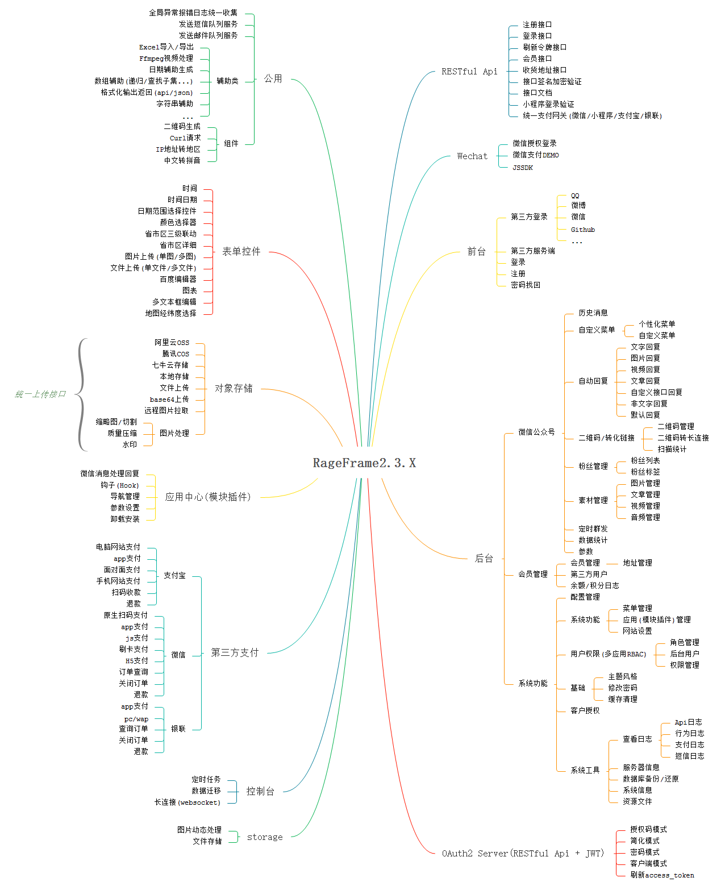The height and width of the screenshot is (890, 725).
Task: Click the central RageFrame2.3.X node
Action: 364,463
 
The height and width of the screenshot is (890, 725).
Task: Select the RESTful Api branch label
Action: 469,72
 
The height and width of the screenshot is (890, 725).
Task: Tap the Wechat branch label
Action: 472,156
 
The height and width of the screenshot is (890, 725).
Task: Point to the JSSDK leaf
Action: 523,168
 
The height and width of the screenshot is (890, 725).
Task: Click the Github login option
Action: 583,230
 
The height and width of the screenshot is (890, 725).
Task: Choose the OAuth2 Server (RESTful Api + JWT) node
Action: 523,853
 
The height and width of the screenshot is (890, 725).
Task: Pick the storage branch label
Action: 265,837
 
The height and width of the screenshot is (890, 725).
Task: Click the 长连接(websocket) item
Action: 188,802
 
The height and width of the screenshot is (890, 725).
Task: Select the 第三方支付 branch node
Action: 235,652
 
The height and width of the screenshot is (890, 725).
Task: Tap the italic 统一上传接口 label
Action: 40,394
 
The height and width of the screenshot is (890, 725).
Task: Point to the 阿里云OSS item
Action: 172,343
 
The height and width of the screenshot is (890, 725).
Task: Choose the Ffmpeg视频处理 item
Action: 166,59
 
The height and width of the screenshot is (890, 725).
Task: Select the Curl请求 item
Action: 185,138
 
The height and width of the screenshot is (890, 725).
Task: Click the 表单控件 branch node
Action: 241,251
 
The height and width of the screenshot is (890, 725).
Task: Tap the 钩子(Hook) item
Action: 120,485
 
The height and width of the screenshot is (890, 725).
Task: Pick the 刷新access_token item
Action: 662,875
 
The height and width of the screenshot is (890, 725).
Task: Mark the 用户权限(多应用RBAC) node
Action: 609,654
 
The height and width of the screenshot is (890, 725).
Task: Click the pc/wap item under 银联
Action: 136,719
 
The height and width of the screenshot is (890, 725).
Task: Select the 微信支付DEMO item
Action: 536,155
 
